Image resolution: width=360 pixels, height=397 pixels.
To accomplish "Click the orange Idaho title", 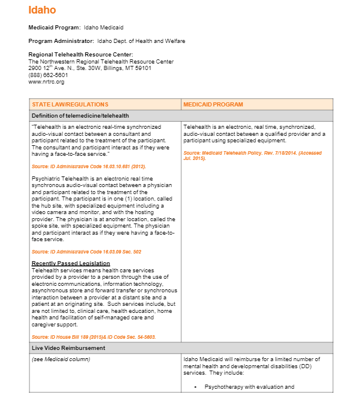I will [42, 10].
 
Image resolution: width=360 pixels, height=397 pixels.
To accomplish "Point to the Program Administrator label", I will [61, 41].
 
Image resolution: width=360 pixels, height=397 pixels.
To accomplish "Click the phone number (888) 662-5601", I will [48, 75].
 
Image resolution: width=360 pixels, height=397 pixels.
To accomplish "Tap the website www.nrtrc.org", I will [46, 82].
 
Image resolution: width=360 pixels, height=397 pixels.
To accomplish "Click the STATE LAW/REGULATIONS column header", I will [70, 105].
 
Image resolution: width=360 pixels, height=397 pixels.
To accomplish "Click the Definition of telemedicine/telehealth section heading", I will [80, 115].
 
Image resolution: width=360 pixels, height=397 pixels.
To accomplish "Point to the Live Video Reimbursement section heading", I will [68, 348].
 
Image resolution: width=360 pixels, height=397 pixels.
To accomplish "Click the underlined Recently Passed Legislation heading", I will [71, 263].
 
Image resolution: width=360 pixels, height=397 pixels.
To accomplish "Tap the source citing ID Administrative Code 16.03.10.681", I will [89, 166].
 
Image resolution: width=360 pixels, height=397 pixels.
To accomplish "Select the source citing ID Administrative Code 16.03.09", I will [86, 252].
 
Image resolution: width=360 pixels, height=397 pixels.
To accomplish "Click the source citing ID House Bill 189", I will [94, 337].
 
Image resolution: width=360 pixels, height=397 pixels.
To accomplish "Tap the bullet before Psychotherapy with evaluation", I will [194, 387].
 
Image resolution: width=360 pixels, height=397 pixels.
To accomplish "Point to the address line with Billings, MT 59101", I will [90, 68].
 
